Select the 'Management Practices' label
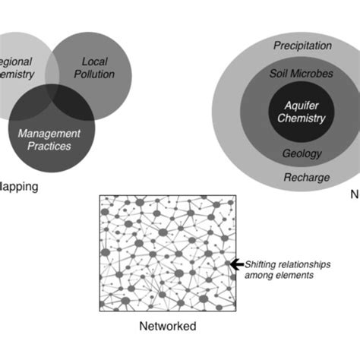point(49,140)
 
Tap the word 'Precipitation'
point(302,46)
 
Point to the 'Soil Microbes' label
point(302,74)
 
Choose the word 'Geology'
point(302,153)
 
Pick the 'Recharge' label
point(307,178)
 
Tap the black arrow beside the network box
point(236,264)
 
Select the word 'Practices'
point(49,147)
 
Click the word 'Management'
point(49,134)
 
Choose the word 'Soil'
point(281,74)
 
